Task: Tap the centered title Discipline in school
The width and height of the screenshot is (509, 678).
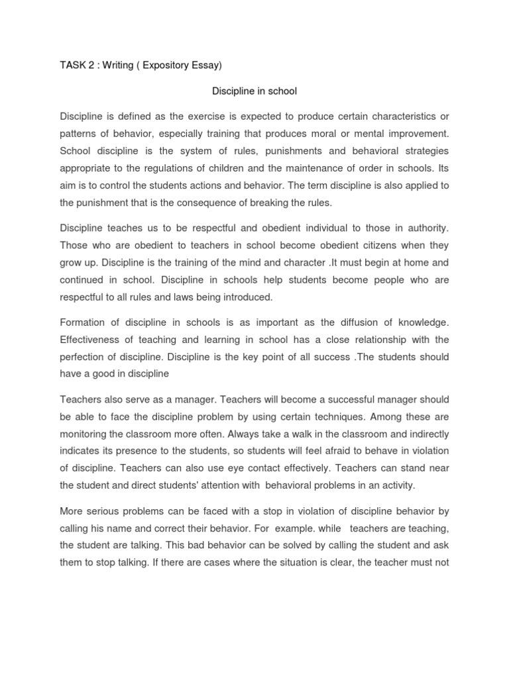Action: (254, 91)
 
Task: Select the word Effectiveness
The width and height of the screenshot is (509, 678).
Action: (93, 340)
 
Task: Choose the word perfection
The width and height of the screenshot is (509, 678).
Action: (83, 357)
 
